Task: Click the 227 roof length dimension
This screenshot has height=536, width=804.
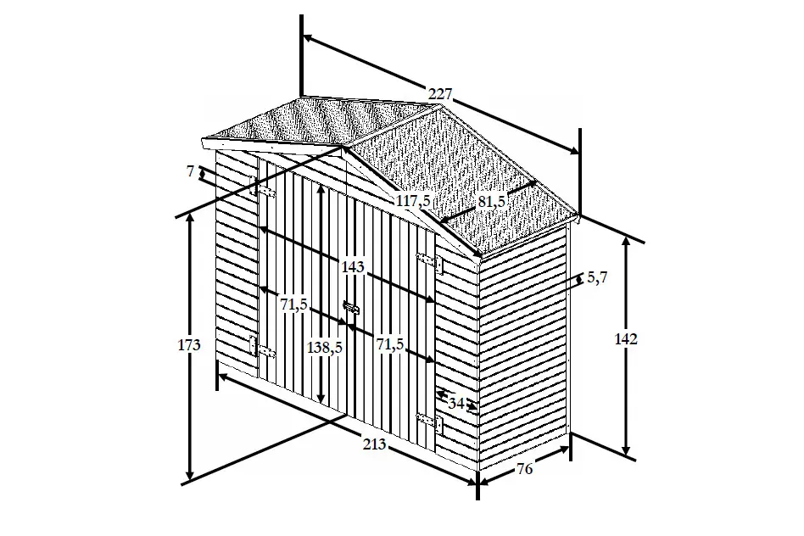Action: click(440, 94)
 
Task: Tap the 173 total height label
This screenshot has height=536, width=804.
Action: click(189, 345)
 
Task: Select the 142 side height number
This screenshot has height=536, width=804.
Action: click(626, 339)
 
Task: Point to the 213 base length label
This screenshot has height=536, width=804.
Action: click(374, 444)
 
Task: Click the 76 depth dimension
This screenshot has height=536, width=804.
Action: click(524, 469)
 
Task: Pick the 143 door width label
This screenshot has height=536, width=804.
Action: click(353, 266)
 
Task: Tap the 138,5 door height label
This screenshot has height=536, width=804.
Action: click(325, 348)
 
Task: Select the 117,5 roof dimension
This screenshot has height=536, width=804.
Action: click(413, 201)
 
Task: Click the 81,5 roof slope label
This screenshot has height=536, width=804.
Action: click(492, 202)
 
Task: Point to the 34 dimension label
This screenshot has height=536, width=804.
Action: click(455, 403)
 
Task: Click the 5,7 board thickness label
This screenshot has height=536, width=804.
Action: click(597, 277)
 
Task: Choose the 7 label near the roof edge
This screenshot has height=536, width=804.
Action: click(190, 170)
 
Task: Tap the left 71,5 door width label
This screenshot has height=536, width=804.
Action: click(293, 304)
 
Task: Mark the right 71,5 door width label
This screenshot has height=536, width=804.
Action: click(390, 344)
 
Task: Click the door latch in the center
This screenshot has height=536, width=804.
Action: click(351, 310)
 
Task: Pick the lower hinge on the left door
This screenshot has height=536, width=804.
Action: click(262, 348)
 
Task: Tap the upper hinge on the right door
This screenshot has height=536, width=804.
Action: click(430, 262)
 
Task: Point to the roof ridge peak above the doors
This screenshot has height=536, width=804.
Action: click(342, 146)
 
